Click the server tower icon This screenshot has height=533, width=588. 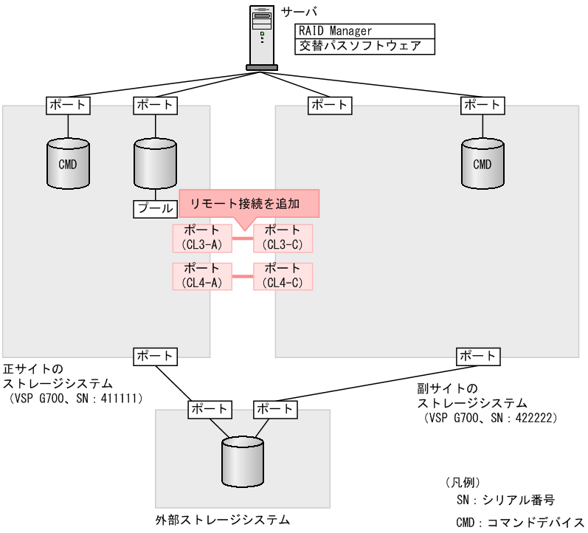(262, 37)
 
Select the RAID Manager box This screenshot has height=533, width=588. (364, 31)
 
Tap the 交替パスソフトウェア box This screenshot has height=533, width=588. (364, 47)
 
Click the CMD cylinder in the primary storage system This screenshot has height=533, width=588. (68, 163)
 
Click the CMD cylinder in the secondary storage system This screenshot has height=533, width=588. (482, 163)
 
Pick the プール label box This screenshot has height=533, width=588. (156, 208)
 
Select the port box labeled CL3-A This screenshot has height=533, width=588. (202, 238)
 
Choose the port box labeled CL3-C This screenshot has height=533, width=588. (283, 238)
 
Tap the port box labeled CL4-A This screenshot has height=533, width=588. (202, 276)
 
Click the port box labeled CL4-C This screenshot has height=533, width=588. (283, 276)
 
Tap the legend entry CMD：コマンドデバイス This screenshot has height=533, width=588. (519, 522)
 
